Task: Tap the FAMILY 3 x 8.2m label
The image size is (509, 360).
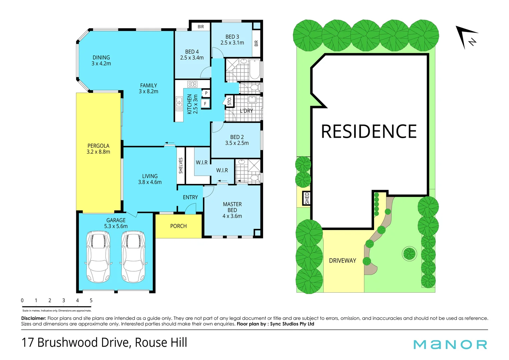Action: [148, 88]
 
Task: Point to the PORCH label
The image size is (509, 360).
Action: [178, 226]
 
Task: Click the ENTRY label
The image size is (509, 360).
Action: [190, 197]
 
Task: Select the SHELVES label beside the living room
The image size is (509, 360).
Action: [181, 166]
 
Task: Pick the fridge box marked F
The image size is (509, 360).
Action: [205, 104]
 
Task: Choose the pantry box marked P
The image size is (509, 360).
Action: [206, 93]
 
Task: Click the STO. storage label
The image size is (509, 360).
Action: [229, 101]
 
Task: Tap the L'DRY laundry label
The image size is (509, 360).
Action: [246, 111]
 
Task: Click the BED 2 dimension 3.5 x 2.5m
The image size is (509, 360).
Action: [237, 143]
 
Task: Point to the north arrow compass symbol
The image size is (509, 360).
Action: [467, 37]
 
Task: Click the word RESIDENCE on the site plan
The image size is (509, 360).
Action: [369, 131]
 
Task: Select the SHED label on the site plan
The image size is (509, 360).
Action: [307, 198]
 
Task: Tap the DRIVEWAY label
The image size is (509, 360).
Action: [342, 261]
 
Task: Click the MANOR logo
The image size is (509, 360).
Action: [450, 344]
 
